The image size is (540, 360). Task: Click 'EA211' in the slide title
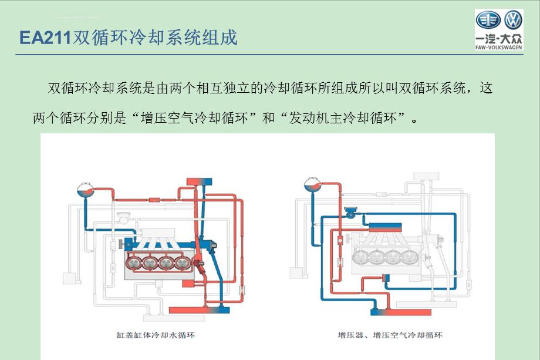(45, 38)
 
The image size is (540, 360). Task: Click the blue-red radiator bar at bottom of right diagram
(390, 307)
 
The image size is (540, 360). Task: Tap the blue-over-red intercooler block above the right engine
(381, 226)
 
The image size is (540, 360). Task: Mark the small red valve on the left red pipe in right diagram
(341, 240)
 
